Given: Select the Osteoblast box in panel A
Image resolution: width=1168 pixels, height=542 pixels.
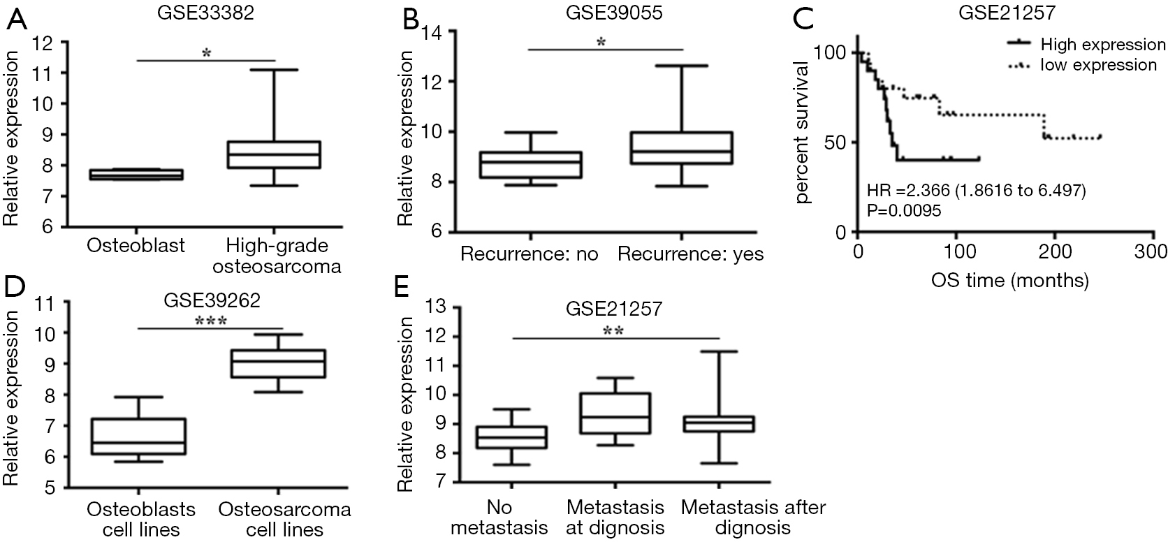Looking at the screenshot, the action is (137, 175).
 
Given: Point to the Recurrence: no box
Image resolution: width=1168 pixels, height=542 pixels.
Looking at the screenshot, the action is (531, 165).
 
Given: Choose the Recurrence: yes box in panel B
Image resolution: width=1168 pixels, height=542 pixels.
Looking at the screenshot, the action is (682, 148).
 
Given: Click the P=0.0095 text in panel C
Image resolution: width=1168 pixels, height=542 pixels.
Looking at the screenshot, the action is (904, 210).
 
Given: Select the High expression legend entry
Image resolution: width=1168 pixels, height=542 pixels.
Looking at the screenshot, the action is (1086, 44).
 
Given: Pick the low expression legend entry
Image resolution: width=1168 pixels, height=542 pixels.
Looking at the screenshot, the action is (1082, 65).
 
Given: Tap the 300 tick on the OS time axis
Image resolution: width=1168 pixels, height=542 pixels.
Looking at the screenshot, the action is (1151, 252).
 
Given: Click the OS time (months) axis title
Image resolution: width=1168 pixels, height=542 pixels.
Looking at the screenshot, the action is (1010, 280).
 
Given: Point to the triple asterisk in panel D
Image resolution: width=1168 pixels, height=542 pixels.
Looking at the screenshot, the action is (211, 321).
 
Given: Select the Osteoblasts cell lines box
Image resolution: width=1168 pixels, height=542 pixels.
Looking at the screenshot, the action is (139, 437).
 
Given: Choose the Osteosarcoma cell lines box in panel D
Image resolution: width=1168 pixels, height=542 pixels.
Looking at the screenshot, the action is (279, 364).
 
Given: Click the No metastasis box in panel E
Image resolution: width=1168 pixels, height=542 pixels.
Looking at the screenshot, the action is (512, 438).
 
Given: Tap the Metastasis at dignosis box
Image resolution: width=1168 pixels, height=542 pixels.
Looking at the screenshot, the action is (615, 413).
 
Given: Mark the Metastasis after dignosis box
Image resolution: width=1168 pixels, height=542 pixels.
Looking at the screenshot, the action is (719, 424).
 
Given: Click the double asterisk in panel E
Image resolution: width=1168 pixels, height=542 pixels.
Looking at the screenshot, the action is (613, 331).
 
